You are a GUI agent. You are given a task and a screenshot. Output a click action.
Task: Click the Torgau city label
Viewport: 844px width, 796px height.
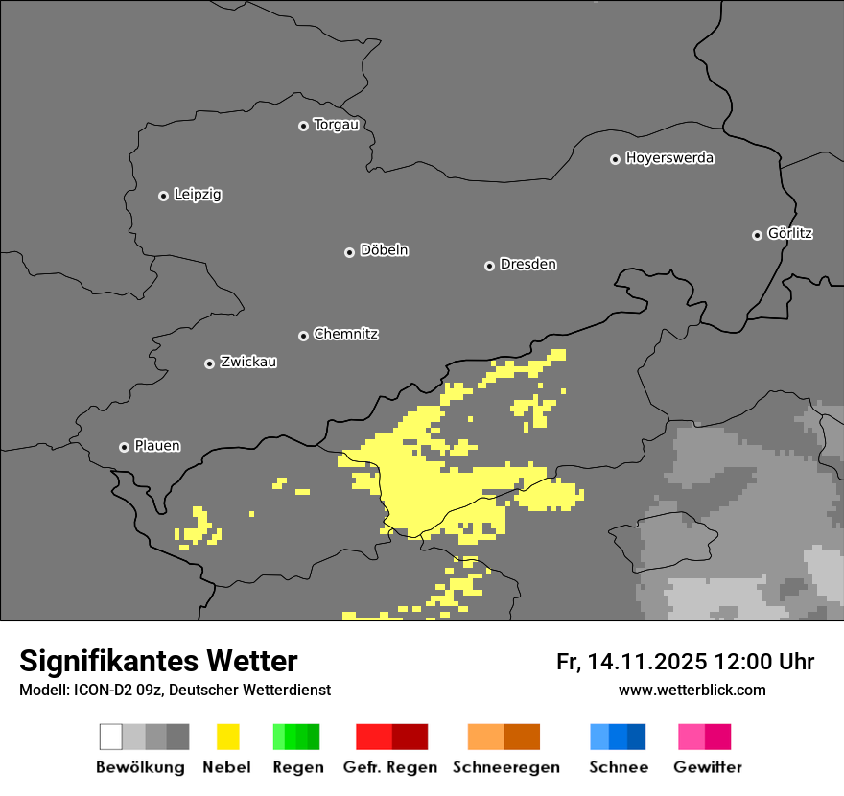tap(336, 125)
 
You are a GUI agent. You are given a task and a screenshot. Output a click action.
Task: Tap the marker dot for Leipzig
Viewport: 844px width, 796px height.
tap(163, 196)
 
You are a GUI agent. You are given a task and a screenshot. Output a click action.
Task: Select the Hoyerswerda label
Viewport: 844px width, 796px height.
tap(669, 158)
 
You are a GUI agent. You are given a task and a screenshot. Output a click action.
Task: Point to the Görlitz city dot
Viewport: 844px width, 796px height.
tap(757, 235)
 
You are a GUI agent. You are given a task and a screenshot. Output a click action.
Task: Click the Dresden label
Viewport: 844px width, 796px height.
tap(527, 264)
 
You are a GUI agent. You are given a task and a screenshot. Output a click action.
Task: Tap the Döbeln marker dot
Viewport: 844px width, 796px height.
tap(349, 252)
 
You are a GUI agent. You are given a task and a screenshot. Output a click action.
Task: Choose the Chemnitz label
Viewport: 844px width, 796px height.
tap(345, 335)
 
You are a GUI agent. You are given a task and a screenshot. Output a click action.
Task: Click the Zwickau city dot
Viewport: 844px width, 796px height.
tap(209, 363)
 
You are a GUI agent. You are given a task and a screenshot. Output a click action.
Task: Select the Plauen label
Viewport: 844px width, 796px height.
tap(156, 446)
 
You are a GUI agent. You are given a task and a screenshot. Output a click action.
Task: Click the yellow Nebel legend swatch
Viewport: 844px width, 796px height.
tap(227, 737)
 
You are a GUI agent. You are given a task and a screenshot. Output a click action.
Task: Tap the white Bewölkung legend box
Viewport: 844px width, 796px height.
tap(110, 737)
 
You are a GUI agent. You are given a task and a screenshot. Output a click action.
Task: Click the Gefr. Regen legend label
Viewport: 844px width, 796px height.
tap(390, 767)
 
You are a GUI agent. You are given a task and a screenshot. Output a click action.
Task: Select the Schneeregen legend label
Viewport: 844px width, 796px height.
tap(506, 767)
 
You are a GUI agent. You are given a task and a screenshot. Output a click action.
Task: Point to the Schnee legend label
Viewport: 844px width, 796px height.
tap(618, 767)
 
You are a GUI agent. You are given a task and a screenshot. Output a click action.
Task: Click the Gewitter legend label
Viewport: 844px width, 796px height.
tap(708, 767)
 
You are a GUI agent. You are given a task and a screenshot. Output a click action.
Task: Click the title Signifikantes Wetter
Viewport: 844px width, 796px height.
tap(158, 661)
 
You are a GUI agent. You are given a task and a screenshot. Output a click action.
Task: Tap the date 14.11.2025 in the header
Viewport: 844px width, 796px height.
tap(647, 662)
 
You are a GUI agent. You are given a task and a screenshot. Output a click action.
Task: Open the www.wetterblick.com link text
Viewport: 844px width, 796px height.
tap(692, 690)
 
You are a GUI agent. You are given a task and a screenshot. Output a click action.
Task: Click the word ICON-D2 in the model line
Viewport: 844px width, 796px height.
tap(95, 690)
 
